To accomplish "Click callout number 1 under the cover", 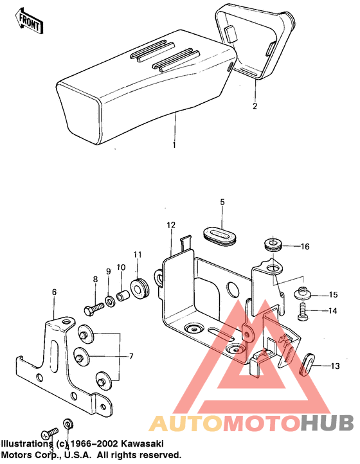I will [173, 145].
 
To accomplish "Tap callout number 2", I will [255, 106].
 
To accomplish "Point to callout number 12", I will [171, 226].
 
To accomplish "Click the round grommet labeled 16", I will [275, 245].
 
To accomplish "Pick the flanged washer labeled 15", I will [301, 294].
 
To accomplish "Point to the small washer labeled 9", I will [111, 300].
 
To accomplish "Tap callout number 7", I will [130, 355].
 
